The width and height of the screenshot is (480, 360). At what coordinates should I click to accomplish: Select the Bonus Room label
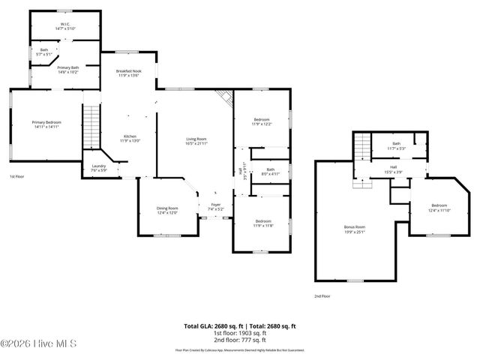click(354, 228)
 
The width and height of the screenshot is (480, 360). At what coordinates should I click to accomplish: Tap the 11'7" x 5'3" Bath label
click(396, 145)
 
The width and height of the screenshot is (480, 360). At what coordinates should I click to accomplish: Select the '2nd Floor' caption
click(322, 296)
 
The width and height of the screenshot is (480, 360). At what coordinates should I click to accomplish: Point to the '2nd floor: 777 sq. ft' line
click(240, 340)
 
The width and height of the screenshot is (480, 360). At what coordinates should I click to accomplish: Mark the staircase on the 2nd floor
click(363, 145)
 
